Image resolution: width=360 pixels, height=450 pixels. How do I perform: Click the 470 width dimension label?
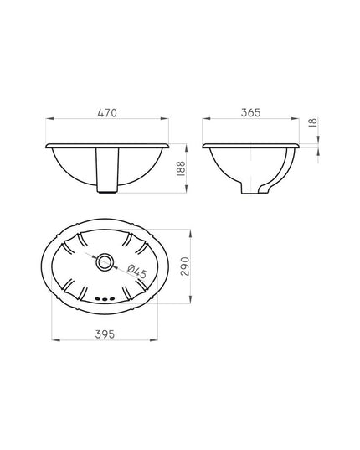107,113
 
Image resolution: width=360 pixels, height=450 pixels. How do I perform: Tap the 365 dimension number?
251,113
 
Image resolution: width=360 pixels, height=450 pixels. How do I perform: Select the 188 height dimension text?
181,168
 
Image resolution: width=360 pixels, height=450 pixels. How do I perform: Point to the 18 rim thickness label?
313,122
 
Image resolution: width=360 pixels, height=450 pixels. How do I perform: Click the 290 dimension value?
185,266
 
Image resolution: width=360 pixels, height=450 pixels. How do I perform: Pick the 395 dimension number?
105,334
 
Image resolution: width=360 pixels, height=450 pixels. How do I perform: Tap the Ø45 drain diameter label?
137,271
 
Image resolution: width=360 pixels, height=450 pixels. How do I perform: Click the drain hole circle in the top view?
105,261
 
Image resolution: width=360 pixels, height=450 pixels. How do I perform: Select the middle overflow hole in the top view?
105,299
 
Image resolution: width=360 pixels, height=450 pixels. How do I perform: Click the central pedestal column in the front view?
107,170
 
